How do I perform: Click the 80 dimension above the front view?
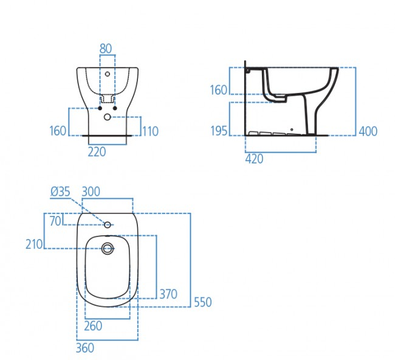click(106, 48)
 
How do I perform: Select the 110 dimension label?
click(151, 131)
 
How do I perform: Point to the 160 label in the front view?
click(58, 131)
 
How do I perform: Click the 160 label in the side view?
click(218, 90)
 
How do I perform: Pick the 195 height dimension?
click(219, 131)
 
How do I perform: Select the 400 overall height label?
click(368, 131)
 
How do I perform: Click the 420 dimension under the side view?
click(255, 159)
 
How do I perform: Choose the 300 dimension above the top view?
click(91, 192)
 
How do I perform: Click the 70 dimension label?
click(55, 221)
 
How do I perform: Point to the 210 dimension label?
click(34, 244)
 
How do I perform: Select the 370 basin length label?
click(168, 294)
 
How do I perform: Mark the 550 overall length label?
click(202, 302)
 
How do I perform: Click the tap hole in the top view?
click(108, 225)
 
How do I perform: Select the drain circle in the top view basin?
click(108, 247)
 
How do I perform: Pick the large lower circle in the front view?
click(108, 117)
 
